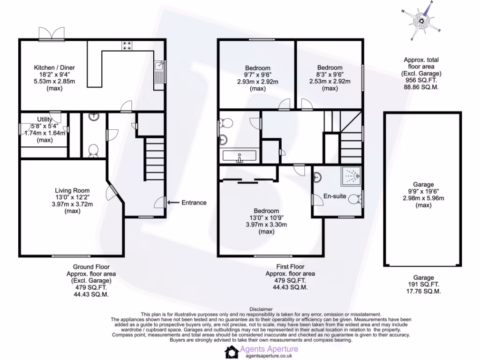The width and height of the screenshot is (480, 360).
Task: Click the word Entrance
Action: click(194, 202)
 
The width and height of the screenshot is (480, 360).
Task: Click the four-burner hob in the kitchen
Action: click(127, 45)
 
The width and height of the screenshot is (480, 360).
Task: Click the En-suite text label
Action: click(335, 196)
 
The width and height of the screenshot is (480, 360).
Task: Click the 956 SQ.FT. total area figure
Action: click(421, 80)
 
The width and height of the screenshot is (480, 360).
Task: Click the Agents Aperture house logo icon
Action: click(232, 352)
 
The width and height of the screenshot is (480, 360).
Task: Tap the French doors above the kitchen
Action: click(51, 34)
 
